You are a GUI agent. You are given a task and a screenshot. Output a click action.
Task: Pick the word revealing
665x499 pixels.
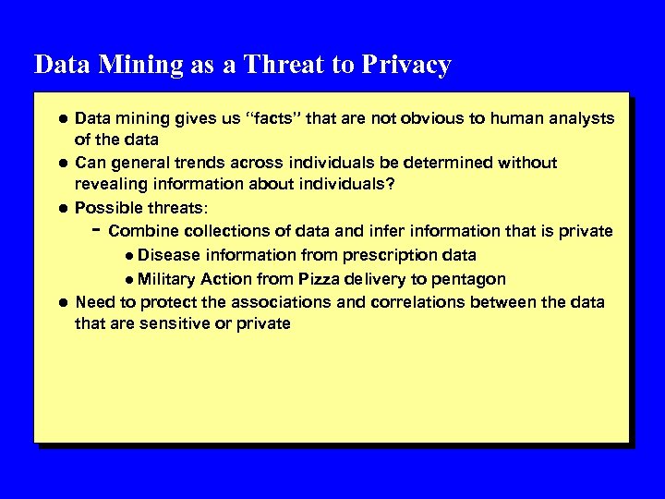coord(111,184)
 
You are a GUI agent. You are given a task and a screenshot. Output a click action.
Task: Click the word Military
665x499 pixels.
coord(168,278)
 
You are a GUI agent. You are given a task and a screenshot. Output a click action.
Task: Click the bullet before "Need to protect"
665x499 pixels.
coord(60,302)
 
